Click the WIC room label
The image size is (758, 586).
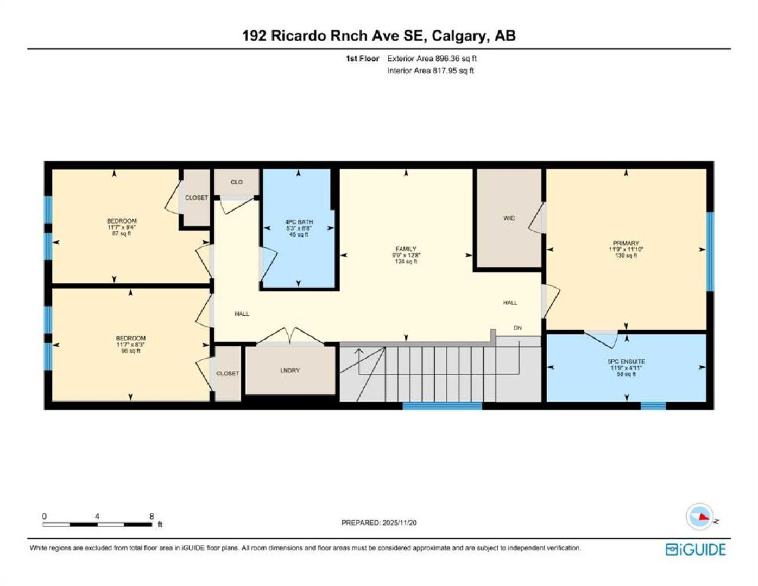point(509,218)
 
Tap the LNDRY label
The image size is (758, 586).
point(290,371)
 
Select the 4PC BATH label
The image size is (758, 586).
point(299,222)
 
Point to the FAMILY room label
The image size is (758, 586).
point(406,249)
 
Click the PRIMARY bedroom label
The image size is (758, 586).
point(626,243)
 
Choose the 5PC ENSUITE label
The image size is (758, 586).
point(626,361)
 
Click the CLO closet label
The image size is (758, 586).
point(237,182)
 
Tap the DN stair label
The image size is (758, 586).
point(517,328)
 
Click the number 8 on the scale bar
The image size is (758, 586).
point(151,517)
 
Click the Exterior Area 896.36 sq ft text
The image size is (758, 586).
point(432,59)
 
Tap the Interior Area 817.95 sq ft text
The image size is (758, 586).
point(431,71)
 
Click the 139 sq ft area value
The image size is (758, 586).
point(626,256)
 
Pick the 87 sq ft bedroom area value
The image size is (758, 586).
point(122,233)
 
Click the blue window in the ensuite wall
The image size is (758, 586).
point(653,405)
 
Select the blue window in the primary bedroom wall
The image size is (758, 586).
point(710,251)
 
